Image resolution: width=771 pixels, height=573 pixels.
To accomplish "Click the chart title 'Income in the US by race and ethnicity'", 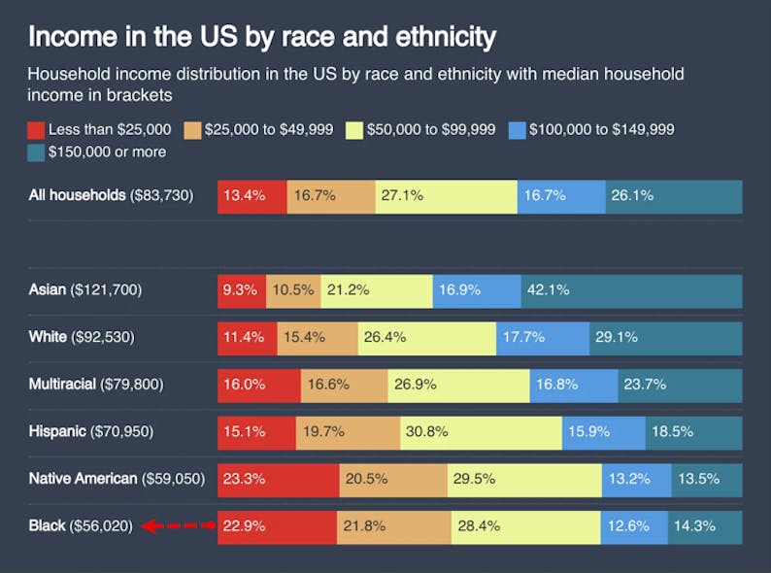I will click(x=262, y=37).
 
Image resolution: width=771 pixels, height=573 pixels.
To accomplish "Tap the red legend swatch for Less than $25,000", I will click(x=36, y=129).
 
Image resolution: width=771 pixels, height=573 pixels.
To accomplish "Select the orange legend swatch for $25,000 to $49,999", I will click(x=192, y=129).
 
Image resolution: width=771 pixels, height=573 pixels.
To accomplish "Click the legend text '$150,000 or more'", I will click(x=107, y=152).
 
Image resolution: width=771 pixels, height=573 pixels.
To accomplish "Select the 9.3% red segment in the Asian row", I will click(x=242, y=289).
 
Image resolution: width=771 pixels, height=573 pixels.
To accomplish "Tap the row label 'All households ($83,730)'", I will click(x=112, y=195).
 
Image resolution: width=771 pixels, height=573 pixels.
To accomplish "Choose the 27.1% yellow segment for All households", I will click(x=446, y=195).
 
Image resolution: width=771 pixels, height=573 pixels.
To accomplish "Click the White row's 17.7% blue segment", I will click(x=542, y=337).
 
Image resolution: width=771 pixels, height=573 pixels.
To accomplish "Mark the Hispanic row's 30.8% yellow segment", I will click(x=480, y=431).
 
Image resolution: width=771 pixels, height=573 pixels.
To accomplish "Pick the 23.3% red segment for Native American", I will click(x=278, y=479).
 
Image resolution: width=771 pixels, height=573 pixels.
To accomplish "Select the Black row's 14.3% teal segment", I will click(x=705, y=526).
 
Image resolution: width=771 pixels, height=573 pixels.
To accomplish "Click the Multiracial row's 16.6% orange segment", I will click(x=344, y=385).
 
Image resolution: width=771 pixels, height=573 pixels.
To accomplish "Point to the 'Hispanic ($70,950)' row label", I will click(x=91, y=431).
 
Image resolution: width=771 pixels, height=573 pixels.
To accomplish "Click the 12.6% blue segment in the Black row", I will click(x=634, y=526).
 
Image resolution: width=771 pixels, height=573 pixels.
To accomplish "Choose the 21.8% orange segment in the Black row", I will click(x=393, y=526).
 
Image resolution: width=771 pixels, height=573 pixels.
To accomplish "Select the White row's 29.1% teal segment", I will click(x=665, y=337).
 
